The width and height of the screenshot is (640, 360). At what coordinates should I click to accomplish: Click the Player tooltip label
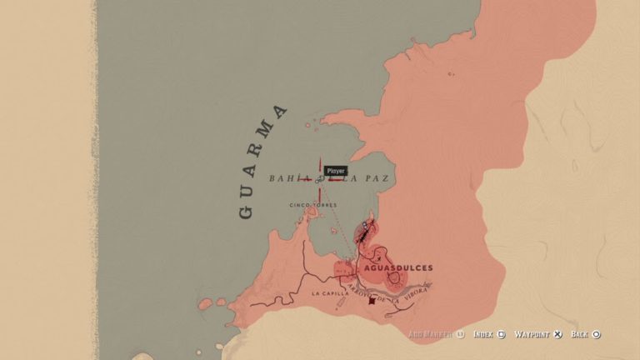pos(336,170)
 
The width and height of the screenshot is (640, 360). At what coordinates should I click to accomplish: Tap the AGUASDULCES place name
pos(399,268)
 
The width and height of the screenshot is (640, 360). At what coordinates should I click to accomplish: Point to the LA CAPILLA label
pos(330,294)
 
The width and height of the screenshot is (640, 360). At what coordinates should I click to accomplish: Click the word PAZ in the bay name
pos(379,179)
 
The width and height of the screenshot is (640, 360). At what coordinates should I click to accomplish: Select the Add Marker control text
pos(430,335)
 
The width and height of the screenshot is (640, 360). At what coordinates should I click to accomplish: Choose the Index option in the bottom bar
pos(483,335)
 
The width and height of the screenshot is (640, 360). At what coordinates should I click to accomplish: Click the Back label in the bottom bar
pos(580,335)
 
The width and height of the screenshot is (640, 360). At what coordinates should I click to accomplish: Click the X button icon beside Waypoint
pos(557,335)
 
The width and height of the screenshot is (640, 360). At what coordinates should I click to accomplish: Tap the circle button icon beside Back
pos(597,335)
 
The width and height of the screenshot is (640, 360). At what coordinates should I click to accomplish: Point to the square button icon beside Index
pos(502,335)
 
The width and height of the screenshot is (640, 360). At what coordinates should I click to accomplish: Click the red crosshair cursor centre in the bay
pos(319,179)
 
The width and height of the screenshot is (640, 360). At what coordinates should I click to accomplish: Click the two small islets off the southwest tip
pos(204,304)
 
